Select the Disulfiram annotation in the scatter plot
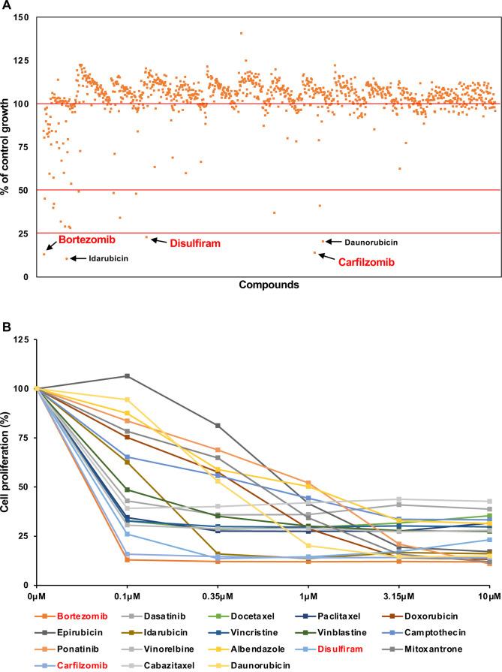194,243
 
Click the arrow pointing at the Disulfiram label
158,240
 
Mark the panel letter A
5,6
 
